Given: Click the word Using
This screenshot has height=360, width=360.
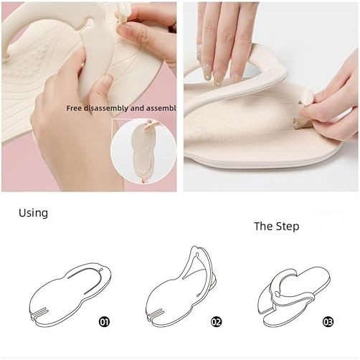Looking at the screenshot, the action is (33, 213).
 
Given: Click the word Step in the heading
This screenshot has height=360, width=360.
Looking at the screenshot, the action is (288, 227).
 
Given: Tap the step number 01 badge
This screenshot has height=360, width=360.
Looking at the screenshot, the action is (104, 322).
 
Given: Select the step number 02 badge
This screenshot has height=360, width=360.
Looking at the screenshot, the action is (217, 322).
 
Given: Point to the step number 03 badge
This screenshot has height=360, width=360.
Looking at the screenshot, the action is (328, 322).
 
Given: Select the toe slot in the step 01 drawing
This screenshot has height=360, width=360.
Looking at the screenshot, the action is (39, 312).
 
